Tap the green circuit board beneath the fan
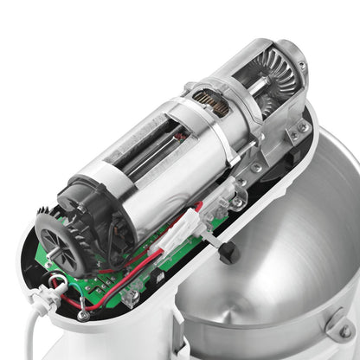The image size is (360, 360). pos(121,277)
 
